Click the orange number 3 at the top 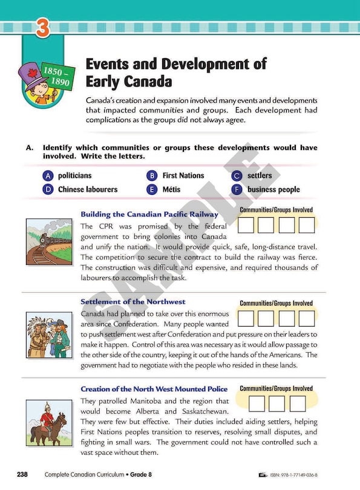click(x=42, y=28)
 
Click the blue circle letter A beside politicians click(x=48, y=175)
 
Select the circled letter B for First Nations click(x=152, y=175)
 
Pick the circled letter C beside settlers click(x=237, y=175)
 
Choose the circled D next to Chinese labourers click(x=48, y=189)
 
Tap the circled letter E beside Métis click(x=152, y=189)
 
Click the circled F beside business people click(x=237, y=189)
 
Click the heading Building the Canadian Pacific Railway click(x=149, y=214)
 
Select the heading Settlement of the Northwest click(x=133, y=301)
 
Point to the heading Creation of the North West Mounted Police click(x=154, y=388)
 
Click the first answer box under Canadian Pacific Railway click(x=246, y=226)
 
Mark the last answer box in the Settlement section click(x=307, y=318)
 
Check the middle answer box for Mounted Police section click(x=277, y=403)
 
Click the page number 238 click(x=22, y=474)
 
